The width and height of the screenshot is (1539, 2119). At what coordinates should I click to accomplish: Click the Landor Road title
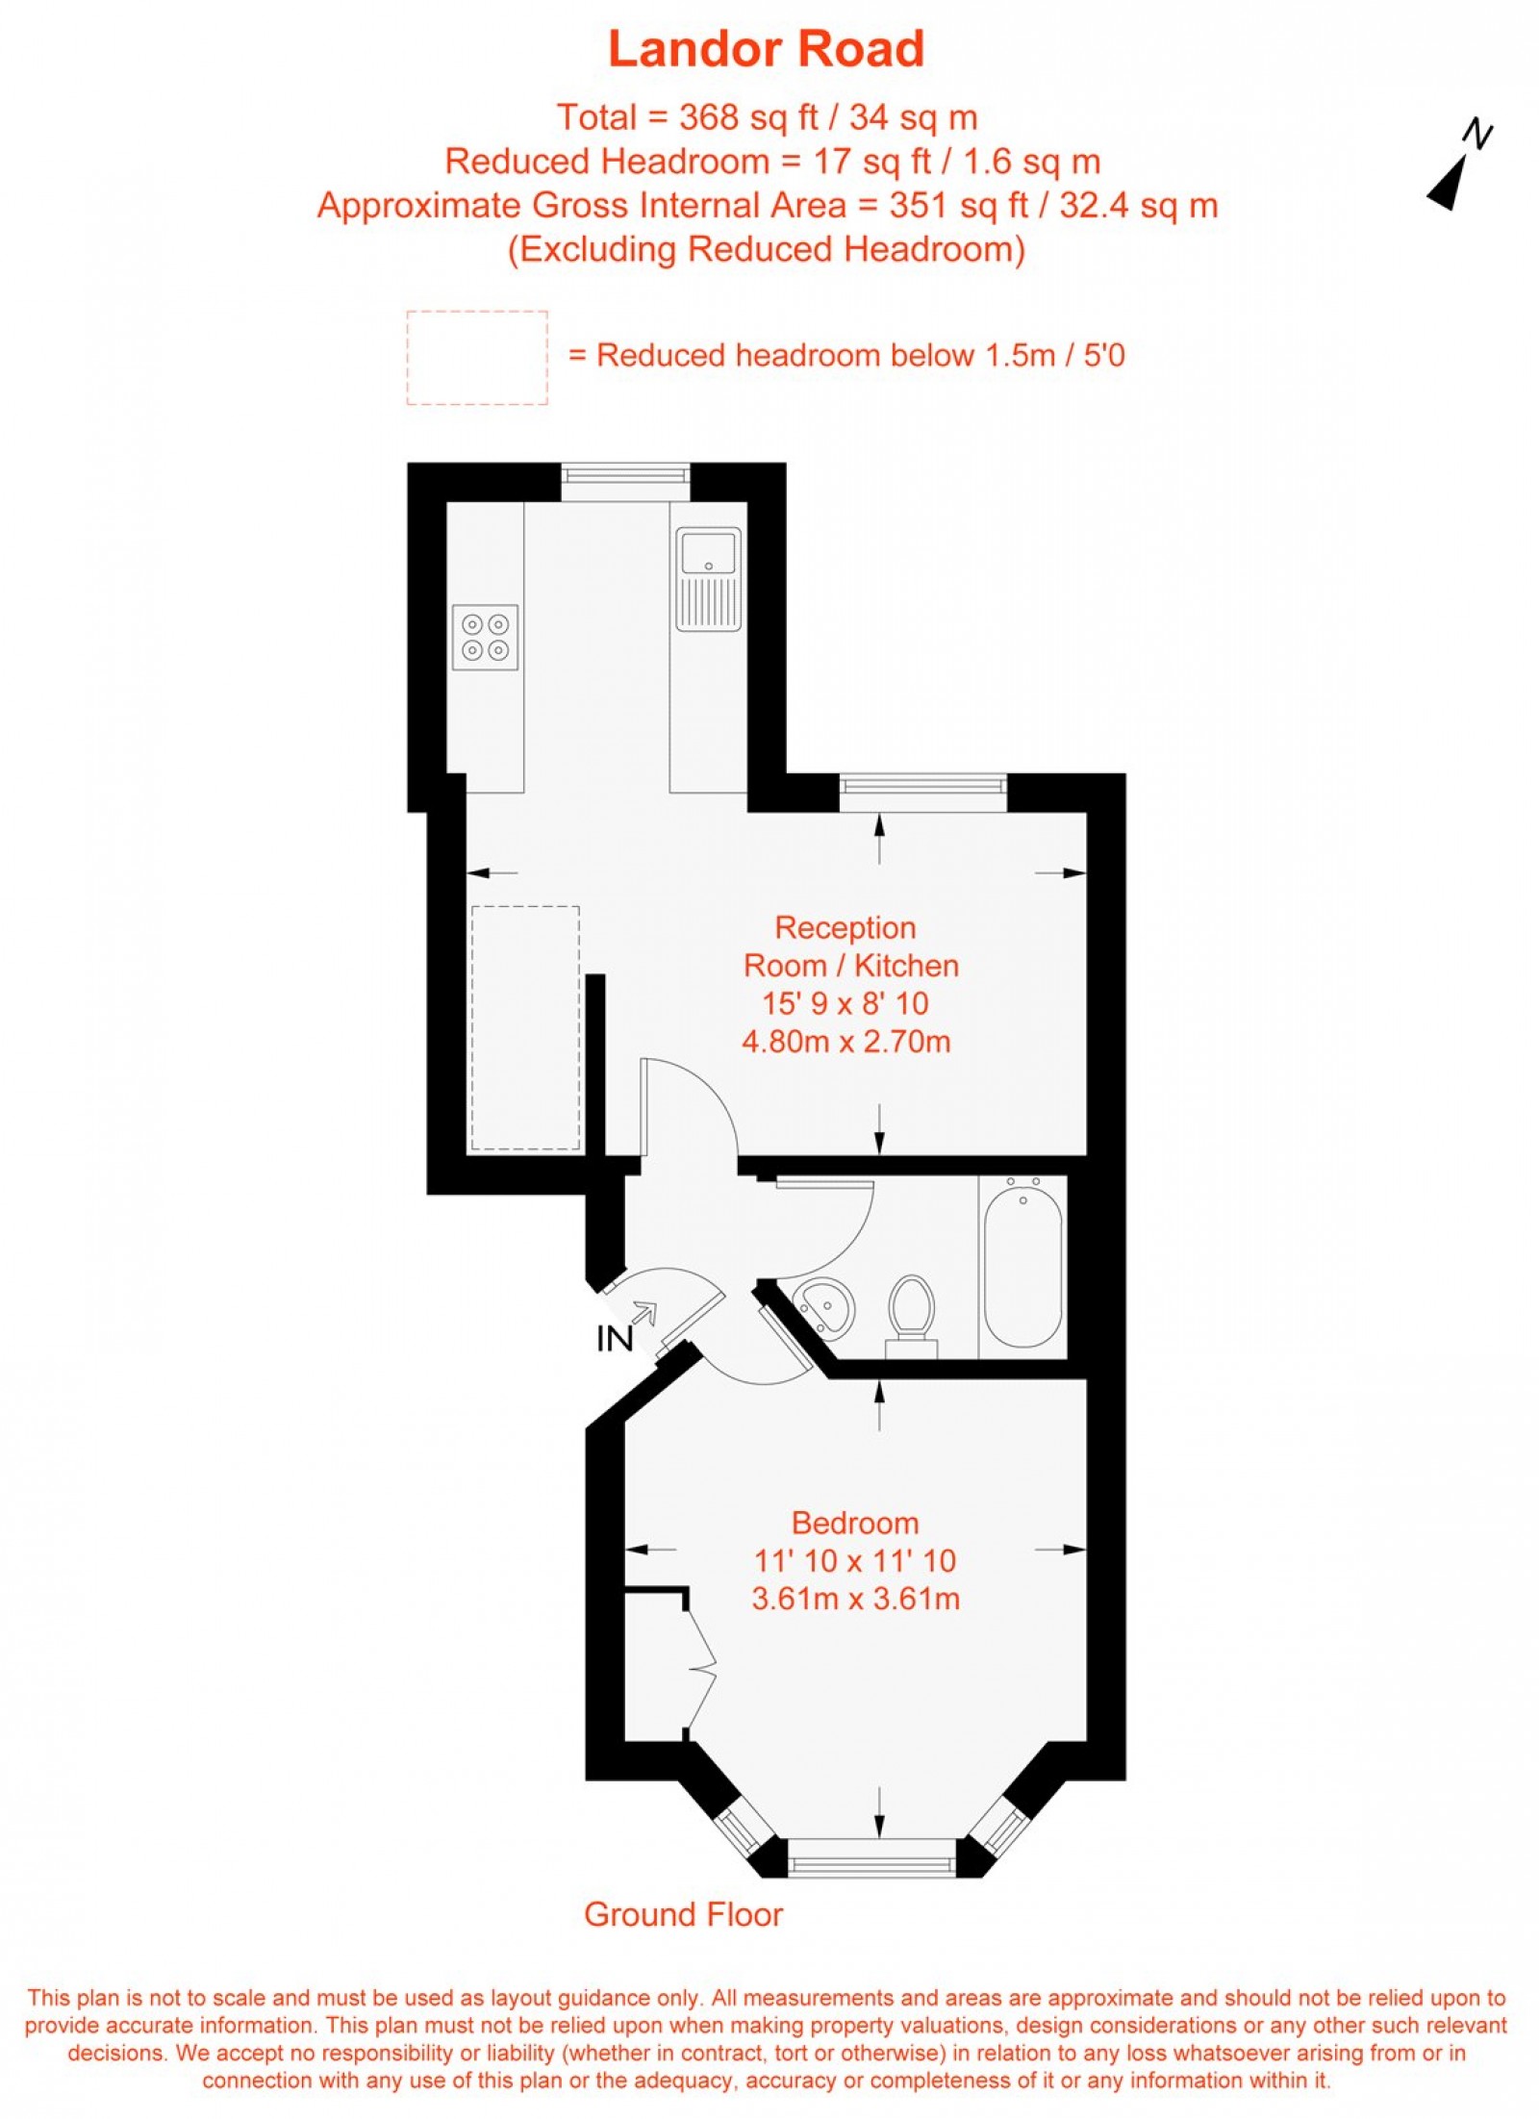(x=766, y=50)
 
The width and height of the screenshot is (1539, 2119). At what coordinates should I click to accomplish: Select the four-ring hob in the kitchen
(x=485, y=638)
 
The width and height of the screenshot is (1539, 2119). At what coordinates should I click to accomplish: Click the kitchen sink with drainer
(x=708, y=579)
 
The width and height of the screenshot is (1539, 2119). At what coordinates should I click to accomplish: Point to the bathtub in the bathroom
(x=1022, y=1266)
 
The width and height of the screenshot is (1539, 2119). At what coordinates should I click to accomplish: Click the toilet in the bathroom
(x=911, y=1309)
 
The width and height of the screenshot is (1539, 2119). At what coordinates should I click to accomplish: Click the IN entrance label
(x=615, y=1339)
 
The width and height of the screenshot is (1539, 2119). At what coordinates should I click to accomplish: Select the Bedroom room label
(x=854, y=1523)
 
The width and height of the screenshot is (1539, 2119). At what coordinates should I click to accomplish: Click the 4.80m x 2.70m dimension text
(x=845, y=1042)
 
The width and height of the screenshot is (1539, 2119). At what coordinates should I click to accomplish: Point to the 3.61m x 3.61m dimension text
(x=854, y=1599)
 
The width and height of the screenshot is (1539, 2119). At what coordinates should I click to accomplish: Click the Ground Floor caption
(x=683, y=1915)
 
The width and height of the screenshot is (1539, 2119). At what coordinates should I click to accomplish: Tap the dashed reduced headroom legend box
(x=477, y=358)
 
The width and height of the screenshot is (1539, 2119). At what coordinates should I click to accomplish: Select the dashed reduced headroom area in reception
(x=525, y=1028)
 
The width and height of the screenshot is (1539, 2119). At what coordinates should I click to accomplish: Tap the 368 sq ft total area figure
(x=748, y=118)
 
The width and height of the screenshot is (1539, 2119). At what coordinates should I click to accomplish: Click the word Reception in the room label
(x=845, y=927)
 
